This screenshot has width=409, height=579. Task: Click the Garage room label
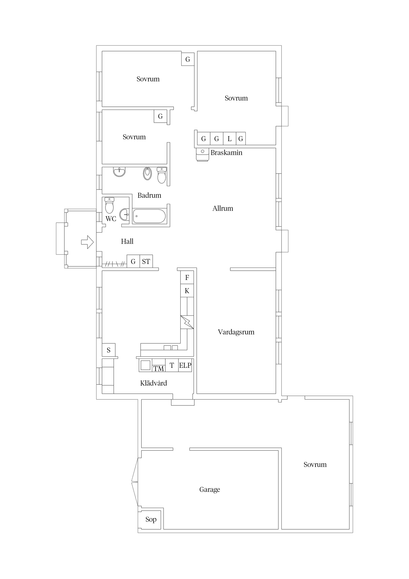point(209,490)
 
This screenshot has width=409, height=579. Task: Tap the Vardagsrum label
point(236,332)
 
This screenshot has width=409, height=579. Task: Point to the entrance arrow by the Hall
point(87,242)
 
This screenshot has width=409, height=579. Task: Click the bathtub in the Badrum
point(149,216)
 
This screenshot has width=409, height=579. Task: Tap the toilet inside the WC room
point(109,205)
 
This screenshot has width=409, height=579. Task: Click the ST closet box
point(146,261)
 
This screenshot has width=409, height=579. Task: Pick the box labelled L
point(230,138)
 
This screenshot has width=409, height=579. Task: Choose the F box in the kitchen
point(187,277)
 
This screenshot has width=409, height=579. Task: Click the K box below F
point(187,291)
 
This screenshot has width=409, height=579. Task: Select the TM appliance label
point(159,369)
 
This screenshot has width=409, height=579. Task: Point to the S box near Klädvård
point(109,350)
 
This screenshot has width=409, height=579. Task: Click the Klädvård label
point(154,383)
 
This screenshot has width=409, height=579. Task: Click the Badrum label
point(149,195)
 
